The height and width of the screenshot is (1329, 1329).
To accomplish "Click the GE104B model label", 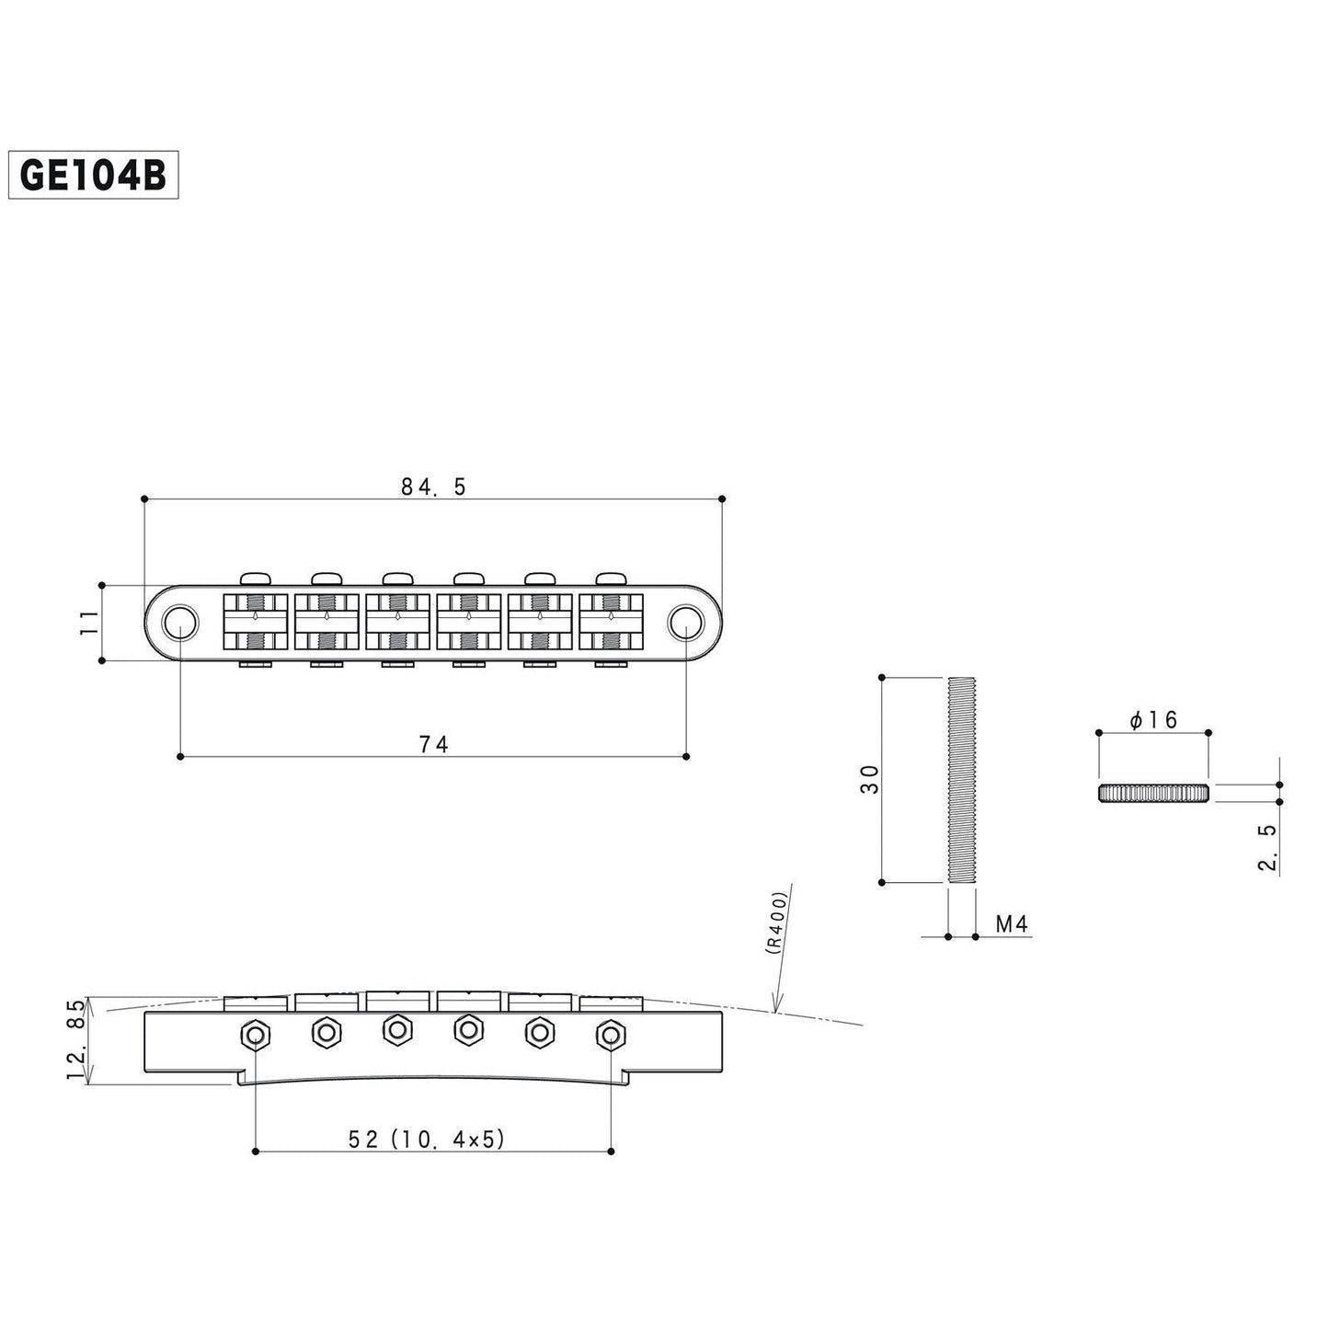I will tap(92, 175).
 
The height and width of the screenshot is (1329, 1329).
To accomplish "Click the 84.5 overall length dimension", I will tap(433, 487).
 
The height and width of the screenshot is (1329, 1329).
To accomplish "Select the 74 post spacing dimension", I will tap(433, 744).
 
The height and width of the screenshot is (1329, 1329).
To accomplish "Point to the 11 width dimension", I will tap(88, 623).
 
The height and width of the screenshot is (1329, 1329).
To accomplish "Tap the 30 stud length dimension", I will tap(870, 779).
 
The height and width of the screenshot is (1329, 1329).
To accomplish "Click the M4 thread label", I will tap(1012, 924).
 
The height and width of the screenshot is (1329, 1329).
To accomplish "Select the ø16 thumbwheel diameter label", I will tap(1153, 720).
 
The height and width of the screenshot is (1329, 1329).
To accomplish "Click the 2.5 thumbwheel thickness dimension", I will tap(1267, 847).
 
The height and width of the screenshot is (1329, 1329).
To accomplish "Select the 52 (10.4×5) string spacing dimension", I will tap(428, 1139).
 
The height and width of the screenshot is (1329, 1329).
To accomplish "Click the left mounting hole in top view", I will tap(179, 623).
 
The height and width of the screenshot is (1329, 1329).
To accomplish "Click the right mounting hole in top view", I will tap(684, 623).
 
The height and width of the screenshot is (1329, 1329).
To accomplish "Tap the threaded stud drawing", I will tap(961, 780).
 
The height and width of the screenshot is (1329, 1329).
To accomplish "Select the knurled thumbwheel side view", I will tap(1153, 793).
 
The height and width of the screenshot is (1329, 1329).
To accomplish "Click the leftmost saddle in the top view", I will tap(255, 623).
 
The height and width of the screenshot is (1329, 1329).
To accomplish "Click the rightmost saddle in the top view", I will tap(611, 623).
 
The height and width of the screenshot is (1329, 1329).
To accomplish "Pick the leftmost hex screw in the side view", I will tap(254, 1035).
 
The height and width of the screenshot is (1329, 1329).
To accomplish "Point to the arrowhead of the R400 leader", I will tap(776, 1011).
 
